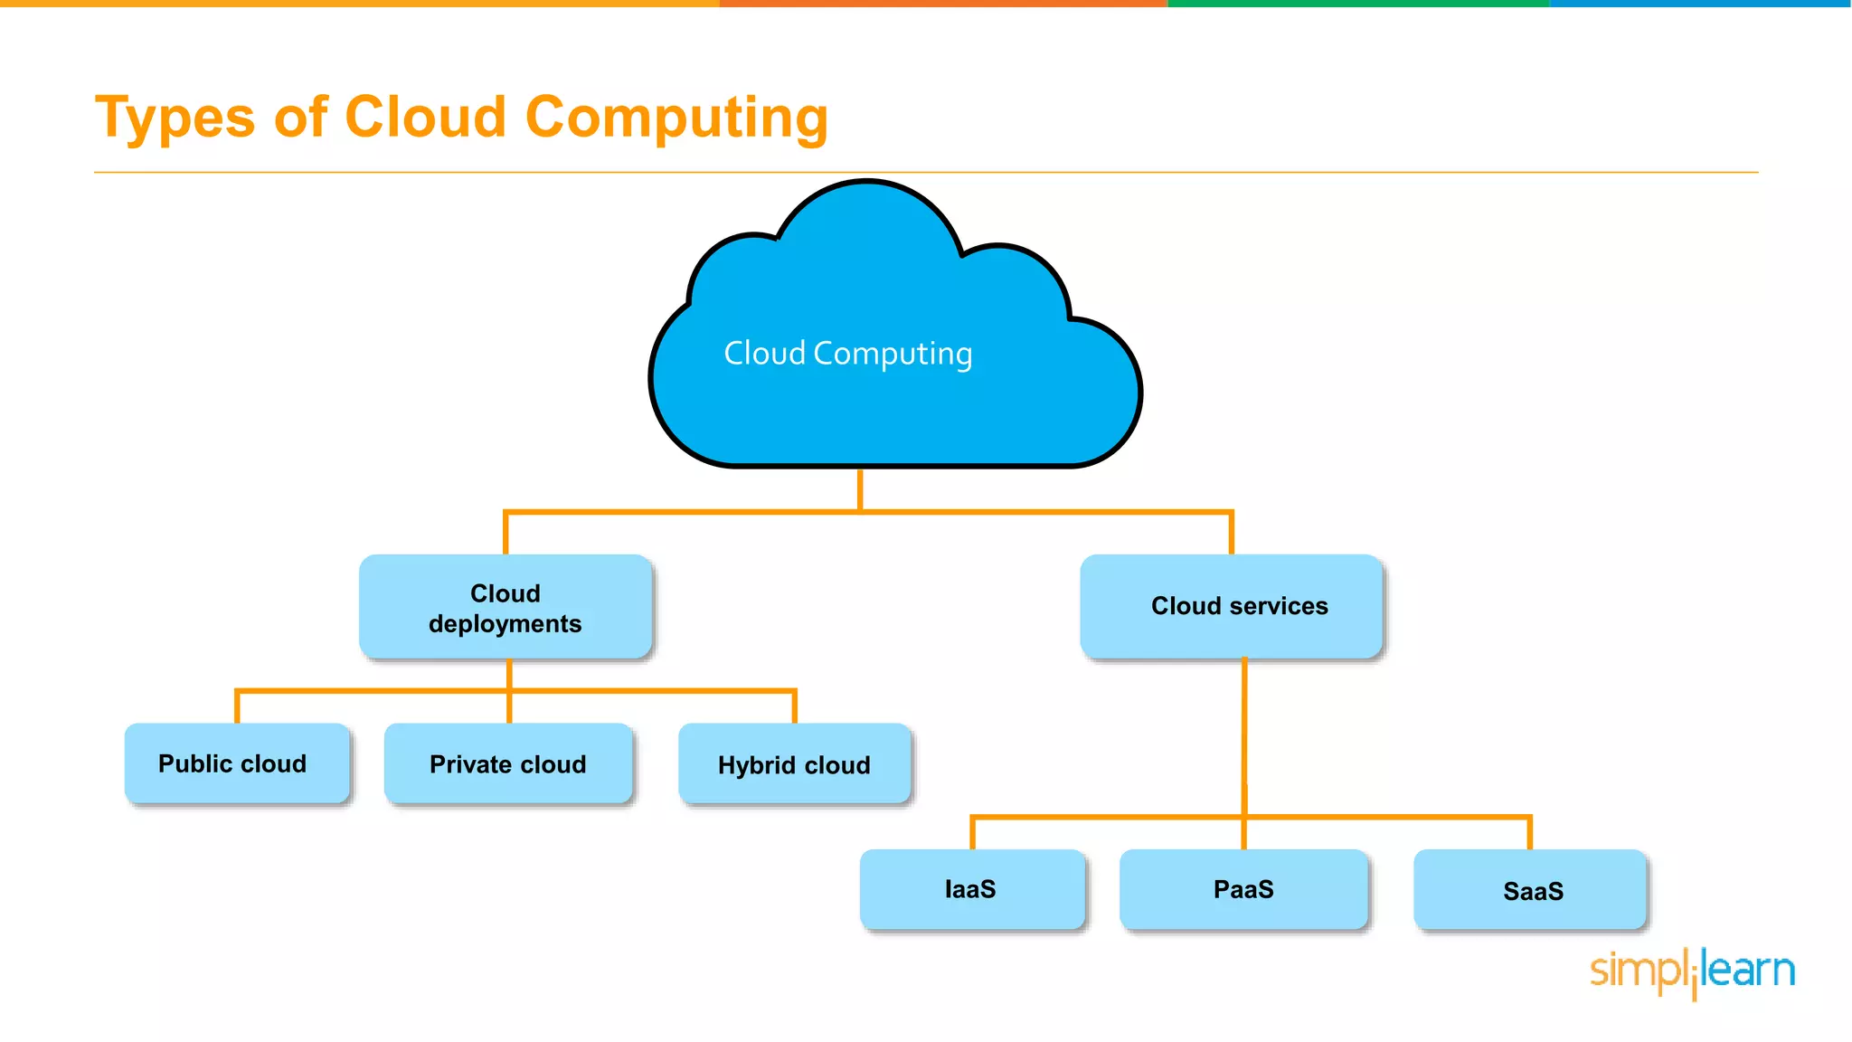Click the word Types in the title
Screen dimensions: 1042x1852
tap(175, 118)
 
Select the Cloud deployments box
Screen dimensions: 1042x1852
tap(506, 607)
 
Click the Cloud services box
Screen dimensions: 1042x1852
tap(1232, 606)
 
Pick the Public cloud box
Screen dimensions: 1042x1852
tap(237, 763)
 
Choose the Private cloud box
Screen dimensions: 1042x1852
tap(508, 764)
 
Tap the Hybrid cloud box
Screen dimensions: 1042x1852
tap(794, 765)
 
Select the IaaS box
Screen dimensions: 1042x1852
tap(972, 889)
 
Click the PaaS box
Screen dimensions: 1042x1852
tap(1243, 889)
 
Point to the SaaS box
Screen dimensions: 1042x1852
tap(1530, 891)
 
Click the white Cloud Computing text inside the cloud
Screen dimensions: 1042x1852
tap(847, 354)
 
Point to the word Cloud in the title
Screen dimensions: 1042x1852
tap(425, 118)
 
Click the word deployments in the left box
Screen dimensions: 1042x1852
tap(505, 624)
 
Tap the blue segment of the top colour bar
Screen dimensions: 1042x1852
tap(1700, 4)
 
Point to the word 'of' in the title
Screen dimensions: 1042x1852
tap(300, 118)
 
